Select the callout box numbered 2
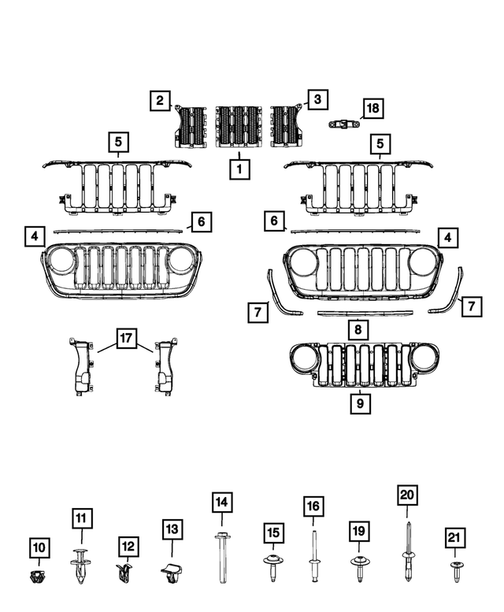[x=161, y=100]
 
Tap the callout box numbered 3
[x=317, y=99]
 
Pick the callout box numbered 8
[x=358, y=331]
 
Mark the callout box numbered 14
[x=221, y=502]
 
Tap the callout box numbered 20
[x=407, y=495]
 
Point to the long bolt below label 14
[x=220, y=558]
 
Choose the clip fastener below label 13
[x=172, y=575]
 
